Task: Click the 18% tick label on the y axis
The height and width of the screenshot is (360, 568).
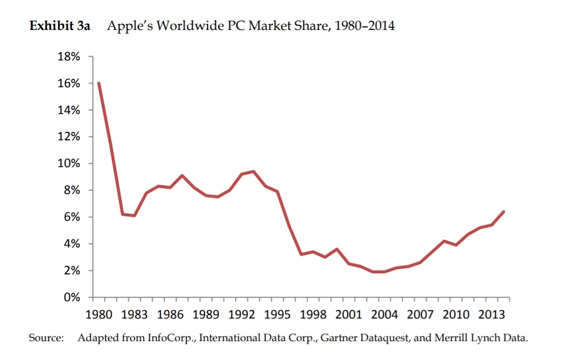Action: click(x=69, y=57)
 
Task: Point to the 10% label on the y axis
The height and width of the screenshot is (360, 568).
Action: click(x=69, y=163)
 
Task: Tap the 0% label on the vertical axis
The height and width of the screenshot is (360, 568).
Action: click(x=72, y=297)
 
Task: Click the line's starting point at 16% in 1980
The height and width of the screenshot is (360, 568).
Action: click(x=99, y=83)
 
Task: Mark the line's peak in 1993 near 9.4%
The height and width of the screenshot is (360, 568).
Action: click(x=253, y=171)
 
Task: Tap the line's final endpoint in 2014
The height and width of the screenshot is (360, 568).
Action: click(x=504, y=212)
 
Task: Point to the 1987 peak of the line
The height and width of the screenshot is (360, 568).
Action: click(x=182, y=176)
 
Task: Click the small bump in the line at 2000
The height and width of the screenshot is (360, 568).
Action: click(x=337, y=249)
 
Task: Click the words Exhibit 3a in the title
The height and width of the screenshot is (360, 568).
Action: click(x=59, y=26)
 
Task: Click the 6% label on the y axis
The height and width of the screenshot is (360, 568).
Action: click(x=72, y=217)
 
